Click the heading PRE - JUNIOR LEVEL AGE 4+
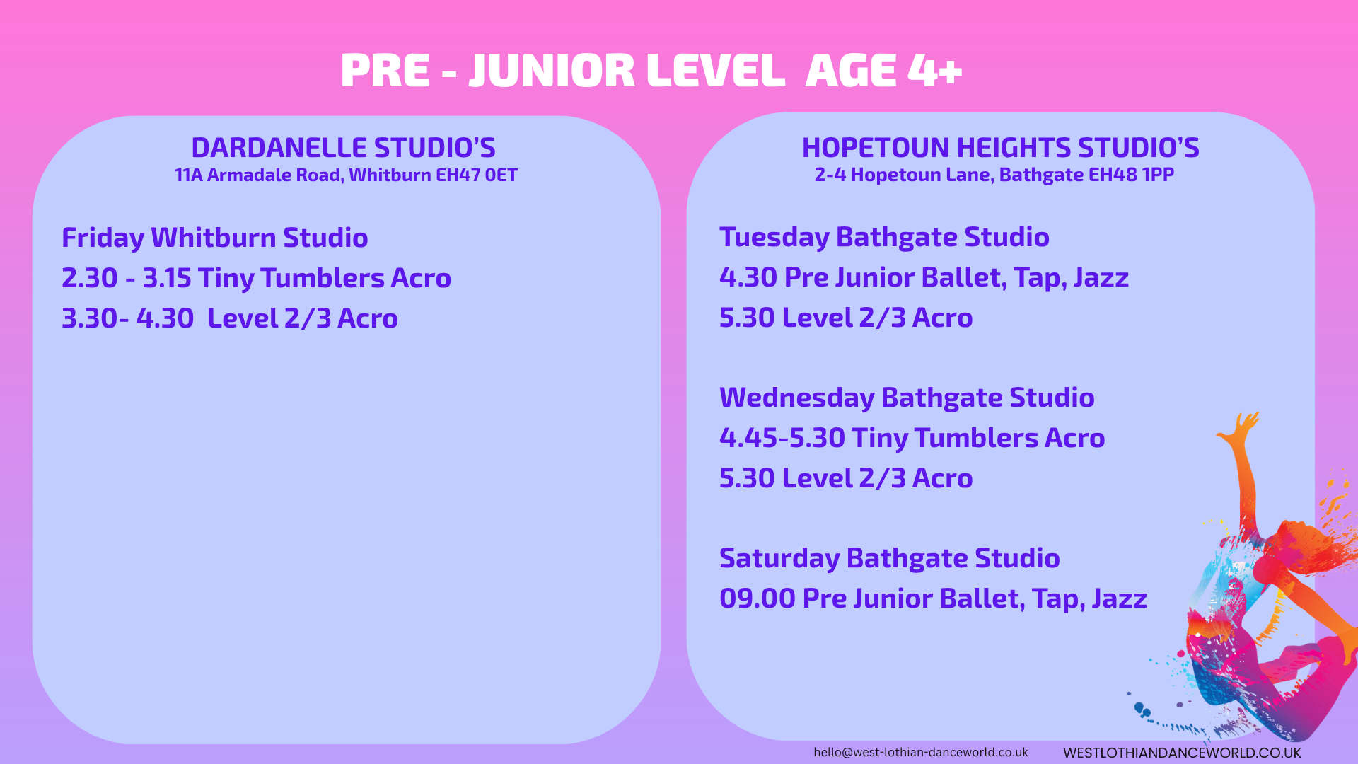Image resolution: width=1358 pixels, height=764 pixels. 651,71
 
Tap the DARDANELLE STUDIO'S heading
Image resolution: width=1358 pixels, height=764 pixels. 344,147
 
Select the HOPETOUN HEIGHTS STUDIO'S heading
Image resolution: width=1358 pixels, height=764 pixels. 1001,147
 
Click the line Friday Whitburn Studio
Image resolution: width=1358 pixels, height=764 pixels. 215,238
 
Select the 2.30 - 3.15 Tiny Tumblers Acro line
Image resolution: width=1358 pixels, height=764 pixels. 256,278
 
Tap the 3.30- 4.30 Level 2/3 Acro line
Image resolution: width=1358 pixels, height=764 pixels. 230,318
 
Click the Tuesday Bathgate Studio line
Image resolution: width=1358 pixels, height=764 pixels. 884,237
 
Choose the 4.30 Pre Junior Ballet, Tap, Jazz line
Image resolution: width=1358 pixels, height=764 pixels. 924,277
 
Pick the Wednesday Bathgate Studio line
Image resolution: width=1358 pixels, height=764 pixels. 907,398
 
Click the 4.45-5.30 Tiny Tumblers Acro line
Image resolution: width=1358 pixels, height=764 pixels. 912,438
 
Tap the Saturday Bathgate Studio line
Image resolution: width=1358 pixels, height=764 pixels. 889,558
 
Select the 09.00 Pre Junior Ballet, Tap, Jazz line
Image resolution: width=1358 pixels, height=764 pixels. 933,598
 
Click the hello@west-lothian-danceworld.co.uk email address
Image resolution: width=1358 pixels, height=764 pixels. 921,752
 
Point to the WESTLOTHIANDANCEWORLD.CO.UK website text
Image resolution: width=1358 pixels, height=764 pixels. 1182,753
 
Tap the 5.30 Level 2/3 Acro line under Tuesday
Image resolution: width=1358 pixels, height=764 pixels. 846,318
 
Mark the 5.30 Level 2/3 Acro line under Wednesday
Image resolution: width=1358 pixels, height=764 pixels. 846,478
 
